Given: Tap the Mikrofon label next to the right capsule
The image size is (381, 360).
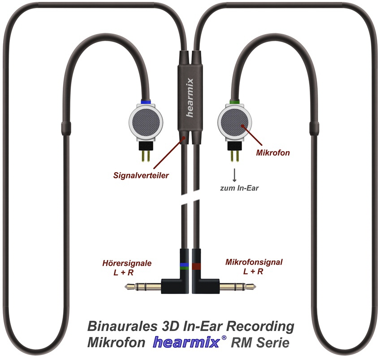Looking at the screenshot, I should click(x=273, y=153).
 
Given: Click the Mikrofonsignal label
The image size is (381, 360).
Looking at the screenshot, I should click(x=254, y=263).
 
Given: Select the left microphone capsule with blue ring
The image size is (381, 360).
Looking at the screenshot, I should click(x=146, y=121).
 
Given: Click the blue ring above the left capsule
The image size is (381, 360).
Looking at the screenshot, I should click(x=146, y=103).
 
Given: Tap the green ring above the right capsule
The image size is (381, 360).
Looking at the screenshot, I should click(x=234, y=103).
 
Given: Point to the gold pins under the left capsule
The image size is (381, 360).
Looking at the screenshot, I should click(x=146, y=155).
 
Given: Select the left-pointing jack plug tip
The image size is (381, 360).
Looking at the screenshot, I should click(x=130, y=286).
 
